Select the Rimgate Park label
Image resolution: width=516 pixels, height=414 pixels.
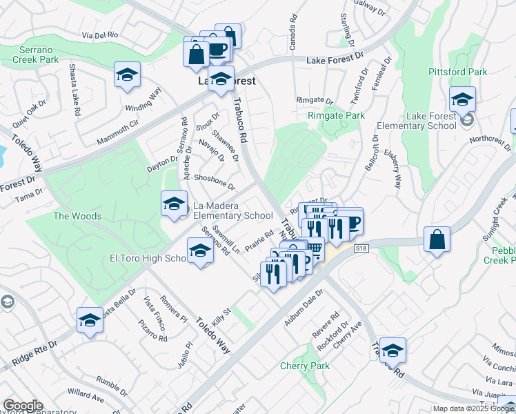(336, 115)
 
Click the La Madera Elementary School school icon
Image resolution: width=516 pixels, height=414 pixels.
(173, 205)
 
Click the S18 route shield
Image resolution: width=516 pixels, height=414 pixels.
(359, 248)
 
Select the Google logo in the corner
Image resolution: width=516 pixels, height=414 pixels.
(23, 405)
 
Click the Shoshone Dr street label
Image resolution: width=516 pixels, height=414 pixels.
(215, 181)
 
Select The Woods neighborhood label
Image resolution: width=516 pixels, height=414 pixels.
(78, 216)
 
